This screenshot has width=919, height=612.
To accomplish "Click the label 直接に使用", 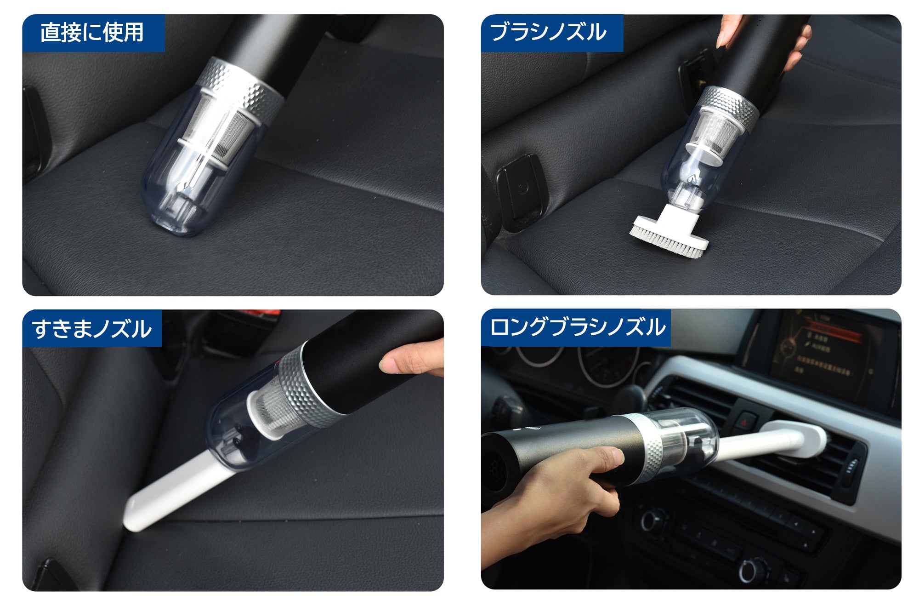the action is [x=92, y=32].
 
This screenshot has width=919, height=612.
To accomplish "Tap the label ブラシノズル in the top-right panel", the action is [x=548, y=32].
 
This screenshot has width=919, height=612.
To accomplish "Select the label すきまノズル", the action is [x=91, y=328].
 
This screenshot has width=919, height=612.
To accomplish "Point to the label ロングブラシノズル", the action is [x=578, y=327].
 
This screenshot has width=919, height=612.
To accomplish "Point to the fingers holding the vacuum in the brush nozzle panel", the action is [x=795, y=46].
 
